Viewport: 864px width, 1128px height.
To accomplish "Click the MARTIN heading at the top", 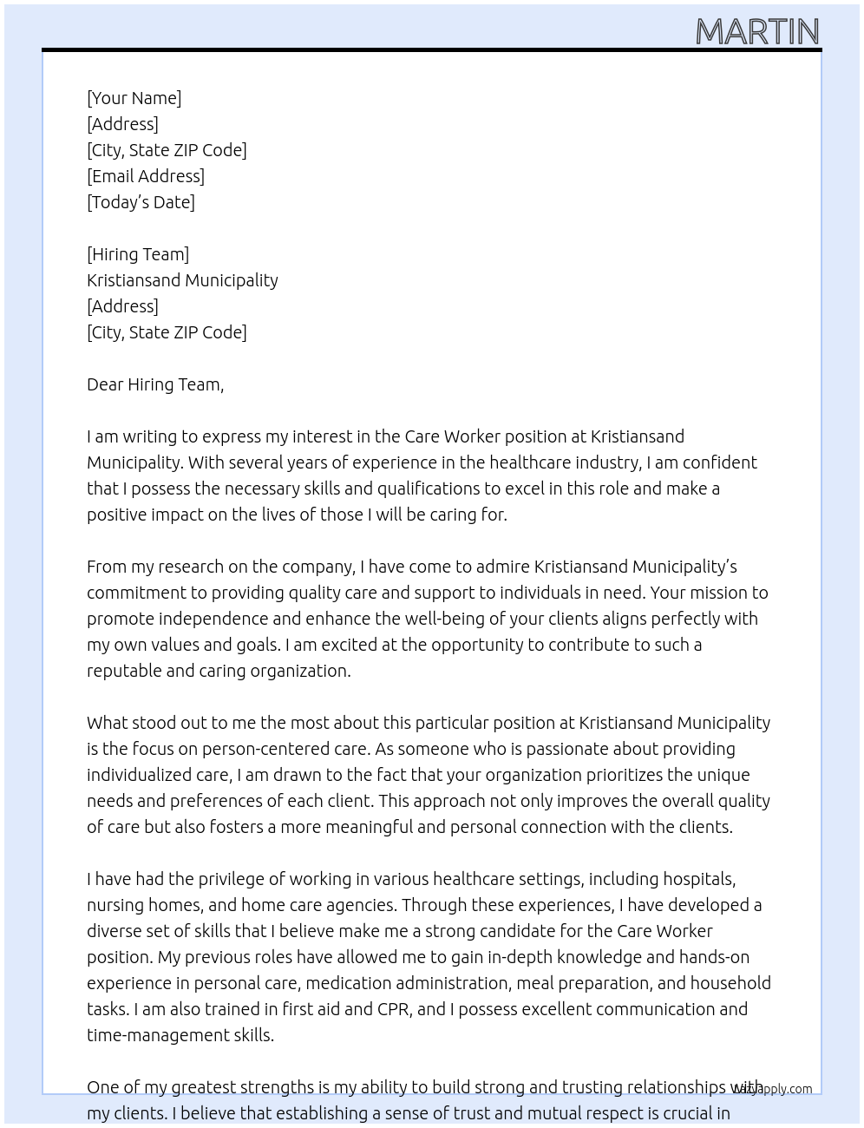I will coord(757,32).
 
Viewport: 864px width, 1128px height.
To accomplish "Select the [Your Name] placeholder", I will coord(134,98).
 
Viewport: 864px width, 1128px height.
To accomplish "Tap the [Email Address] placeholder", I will coord(146,176).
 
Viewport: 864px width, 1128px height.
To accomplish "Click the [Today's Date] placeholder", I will coord(141,202).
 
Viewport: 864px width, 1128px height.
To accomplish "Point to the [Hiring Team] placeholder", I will coord(138,254).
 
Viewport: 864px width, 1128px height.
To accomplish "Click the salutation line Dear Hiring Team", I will coord(155,384).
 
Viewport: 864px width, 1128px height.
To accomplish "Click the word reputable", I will coord(123,671).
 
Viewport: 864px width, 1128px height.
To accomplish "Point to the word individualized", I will coord(140,775).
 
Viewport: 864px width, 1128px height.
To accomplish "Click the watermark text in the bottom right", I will coord(773,1089).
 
